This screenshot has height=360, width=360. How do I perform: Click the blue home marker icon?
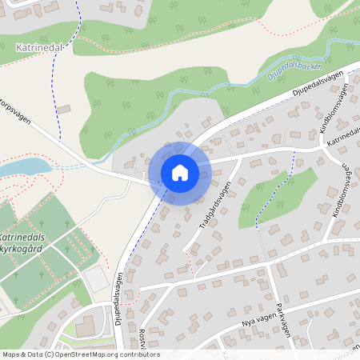tap(180, 172)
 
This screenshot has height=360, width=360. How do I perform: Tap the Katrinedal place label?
tap(39, 48)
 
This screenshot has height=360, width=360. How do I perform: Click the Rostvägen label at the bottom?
tap(141, 341)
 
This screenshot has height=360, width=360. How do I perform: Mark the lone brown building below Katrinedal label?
tap(64, 108)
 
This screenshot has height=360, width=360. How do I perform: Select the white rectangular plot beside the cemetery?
tap(94, 278)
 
